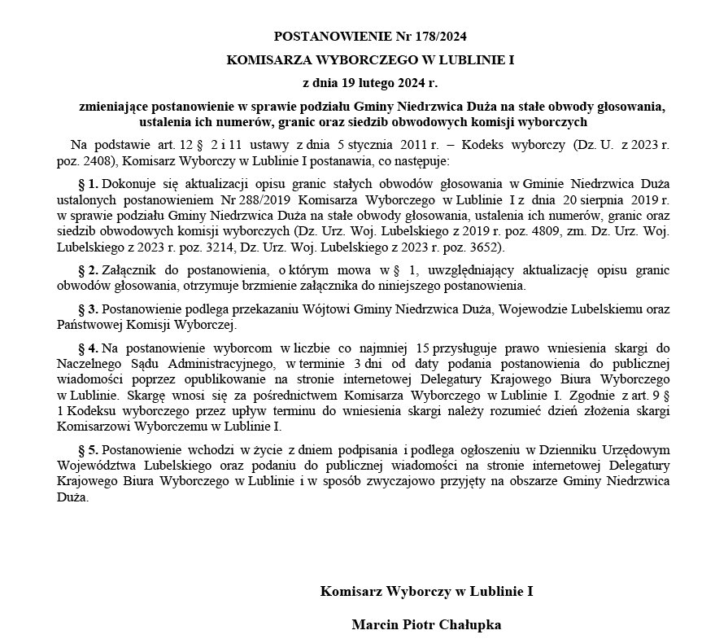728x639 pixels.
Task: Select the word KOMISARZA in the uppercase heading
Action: click(265, 59)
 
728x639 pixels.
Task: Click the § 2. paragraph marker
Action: click(88, 269)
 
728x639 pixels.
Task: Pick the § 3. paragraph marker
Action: click(88, 309)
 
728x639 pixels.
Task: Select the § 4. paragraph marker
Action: click(88, 348)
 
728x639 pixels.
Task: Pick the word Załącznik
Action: click(131, 269)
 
